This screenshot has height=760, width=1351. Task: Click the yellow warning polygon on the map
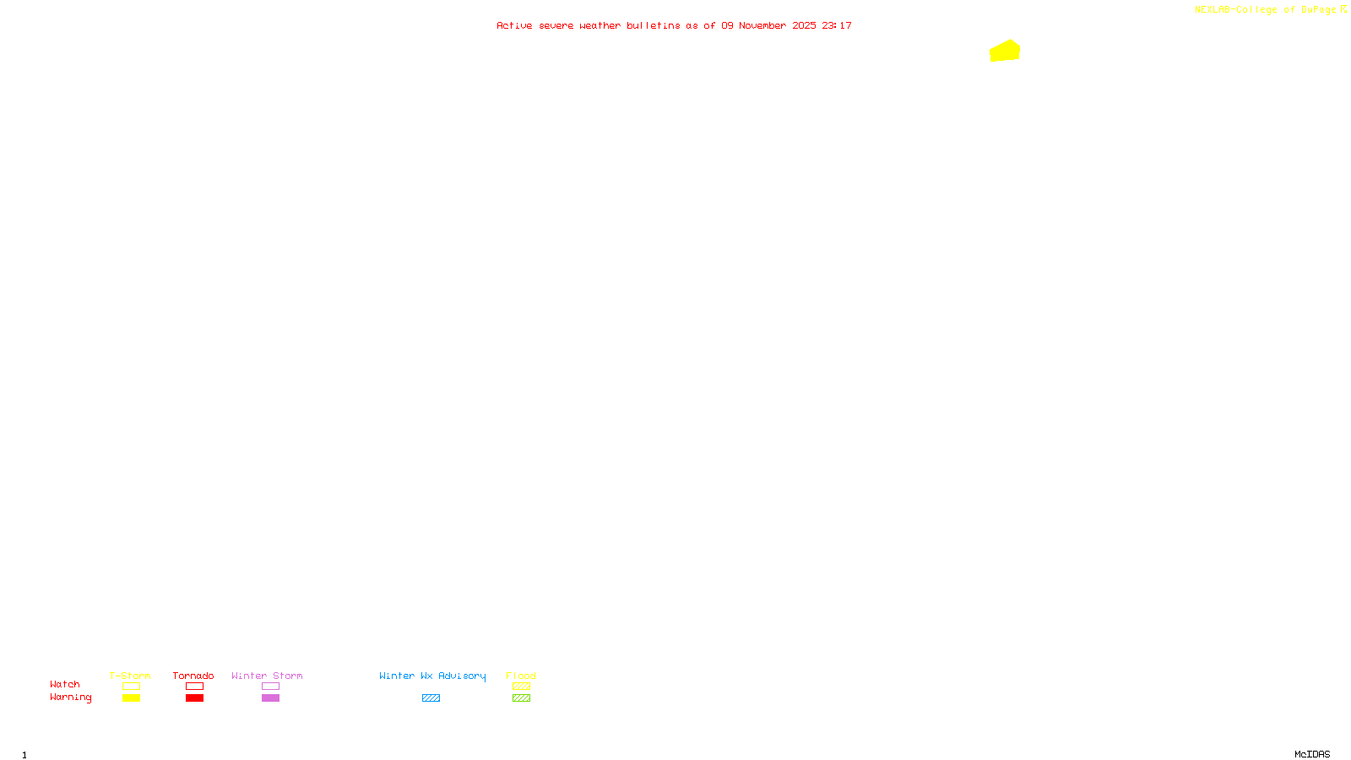(x=1005, y=52)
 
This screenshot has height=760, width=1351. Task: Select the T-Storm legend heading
(x=130, y=676)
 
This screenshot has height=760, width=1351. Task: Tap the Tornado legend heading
(x=193, y=676)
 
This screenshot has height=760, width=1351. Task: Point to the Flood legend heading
(x=521, y=676)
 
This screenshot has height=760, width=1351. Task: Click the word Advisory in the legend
(x=462, y=676)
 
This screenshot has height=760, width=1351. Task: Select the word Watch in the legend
(x=65, y=684)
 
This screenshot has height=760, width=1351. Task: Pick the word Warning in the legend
(x=70, y=698)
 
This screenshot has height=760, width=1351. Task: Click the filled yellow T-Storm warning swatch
(x=131, y=698)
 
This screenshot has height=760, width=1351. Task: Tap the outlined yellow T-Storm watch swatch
(x=131, y=687)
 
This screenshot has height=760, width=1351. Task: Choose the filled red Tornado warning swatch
(x=194, y=698)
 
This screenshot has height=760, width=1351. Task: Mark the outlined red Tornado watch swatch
(x=194, y=687)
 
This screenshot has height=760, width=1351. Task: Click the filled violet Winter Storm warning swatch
(x=270, y=698)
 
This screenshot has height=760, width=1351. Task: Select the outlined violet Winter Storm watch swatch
(x=270, y=687)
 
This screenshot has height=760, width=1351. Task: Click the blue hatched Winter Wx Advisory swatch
(x=431, y=698)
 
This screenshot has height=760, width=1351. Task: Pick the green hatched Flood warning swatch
(x=521, y=698)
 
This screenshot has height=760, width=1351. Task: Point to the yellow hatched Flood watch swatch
(x=521, y=687)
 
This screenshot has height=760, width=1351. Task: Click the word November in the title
(x=762, y=25)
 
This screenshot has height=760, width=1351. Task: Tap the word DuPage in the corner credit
(x=1318, y=9)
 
